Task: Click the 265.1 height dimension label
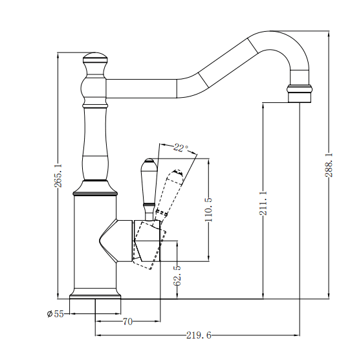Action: pos(59,175)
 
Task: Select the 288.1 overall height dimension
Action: pos(329,164)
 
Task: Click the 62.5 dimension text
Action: pos(177,275)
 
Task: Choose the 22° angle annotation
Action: pos(182,148)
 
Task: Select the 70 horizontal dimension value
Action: pos(127,321)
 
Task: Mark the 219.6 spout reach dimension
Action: pos(199,335)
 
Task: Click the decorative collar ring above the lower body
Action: pos(95,190)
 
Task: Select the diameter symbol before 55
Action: pos(49,314)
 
